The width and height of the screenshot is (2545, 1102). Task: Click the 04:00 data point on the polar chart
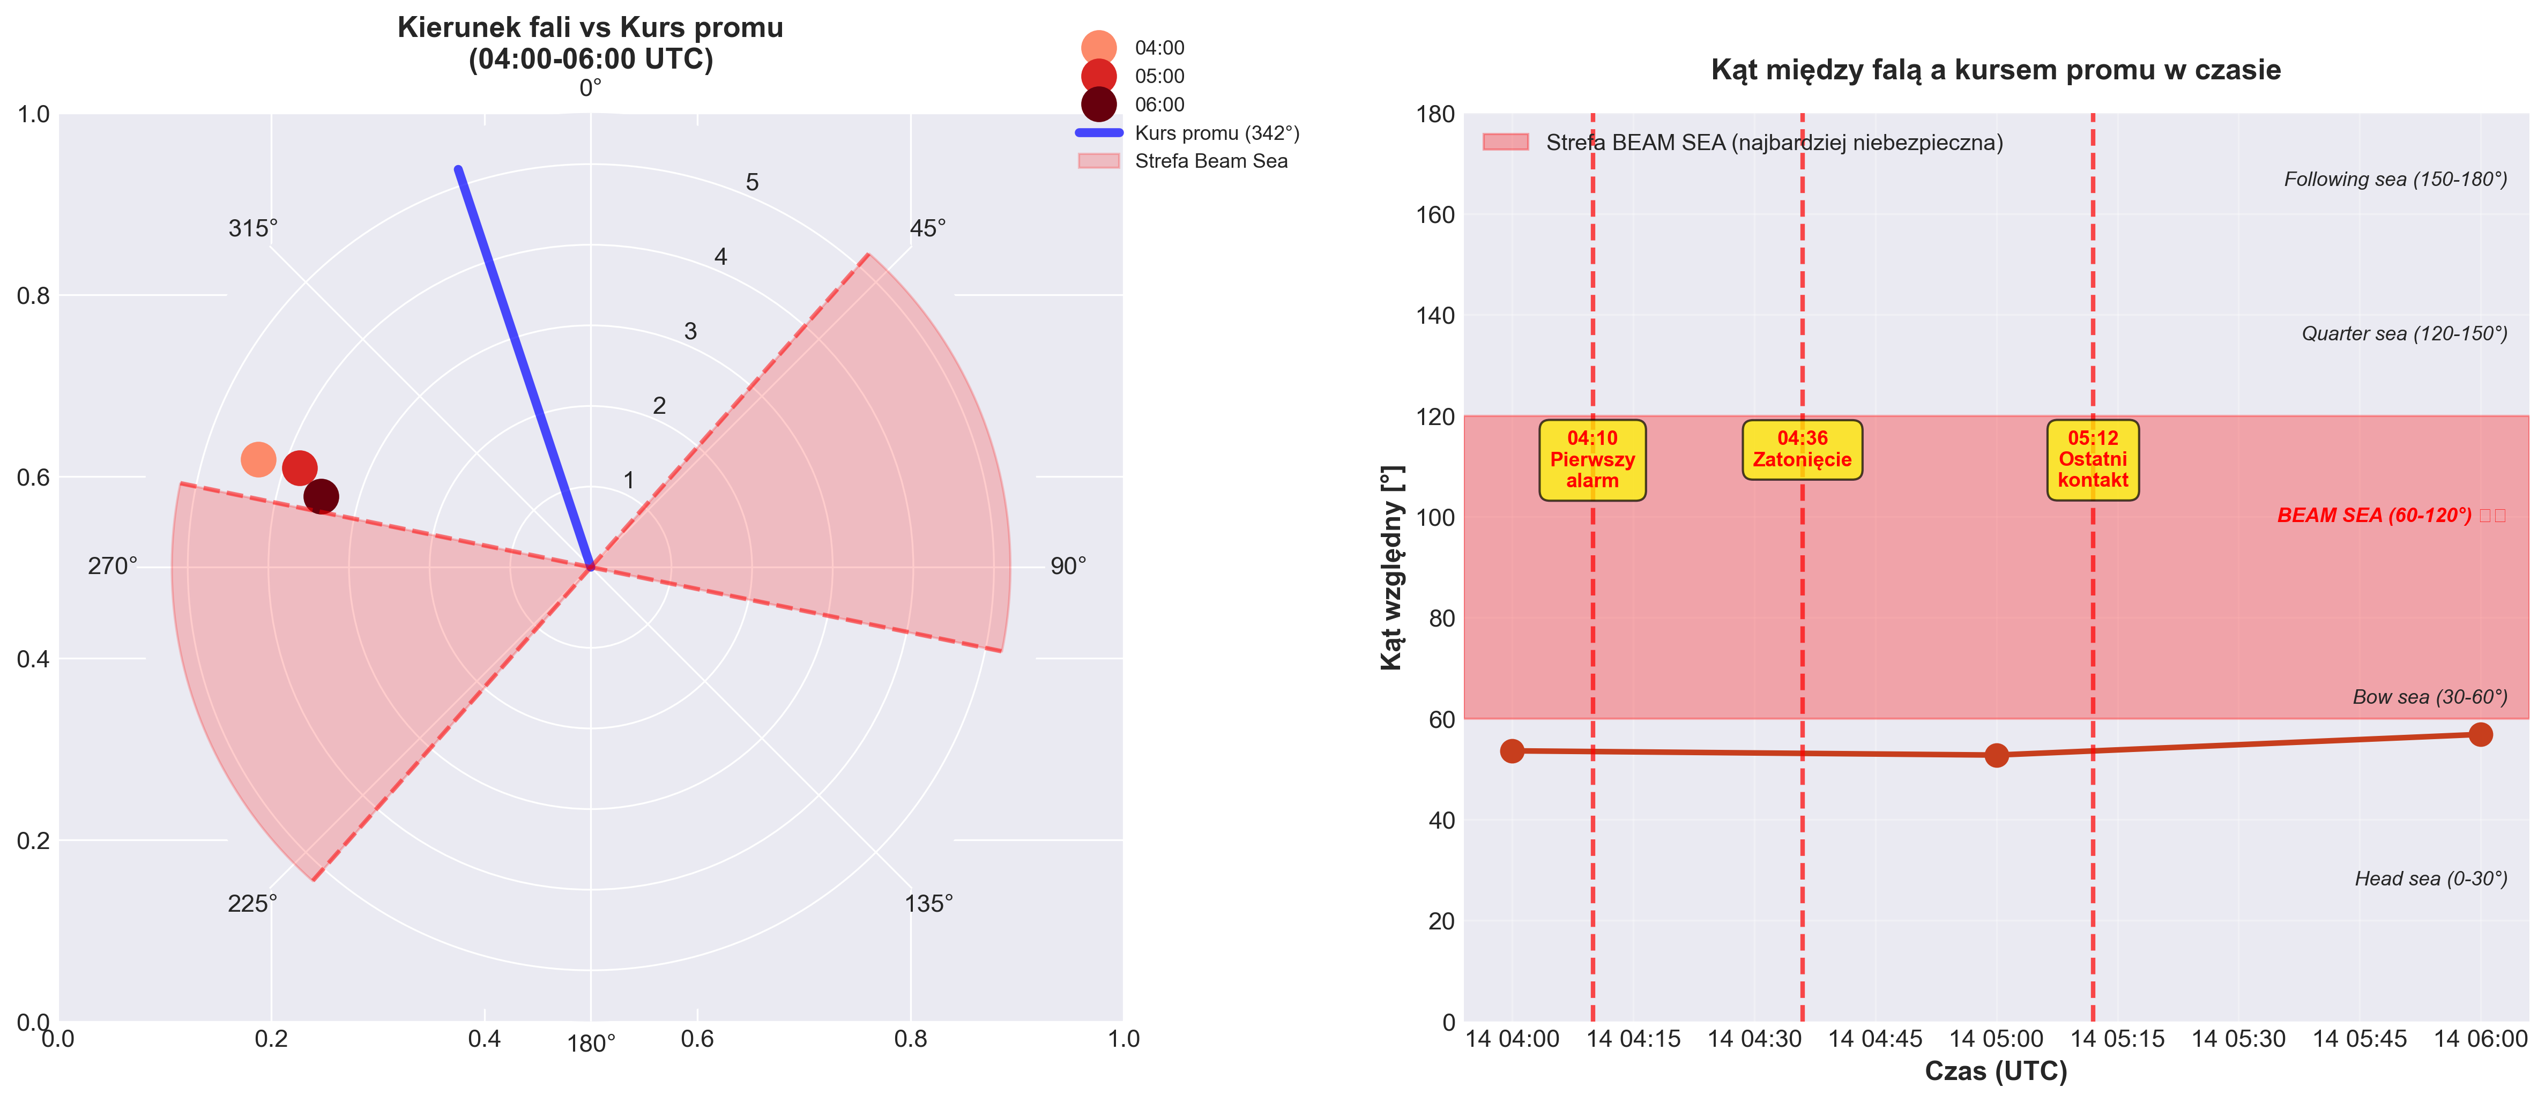pos(258,459)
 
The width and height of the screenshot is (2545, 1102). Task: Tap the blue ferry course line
pos(524,366)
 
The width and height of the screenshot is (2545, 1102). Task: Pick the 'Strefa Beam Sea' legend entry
pos(1210,161)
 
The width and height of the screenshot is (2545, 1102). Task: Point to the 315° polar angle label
pos(253,228)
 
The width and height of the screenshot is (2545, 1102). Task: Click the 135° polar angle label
pos(929,903)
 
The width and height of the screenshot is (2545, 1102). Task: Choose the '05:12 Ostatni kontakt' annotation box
pos(2093,459)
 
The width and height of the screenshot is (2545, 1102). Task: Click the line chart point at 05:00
pos(1996,755)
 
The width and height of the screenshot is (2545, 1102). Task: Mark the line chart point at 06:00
pos(2480,734)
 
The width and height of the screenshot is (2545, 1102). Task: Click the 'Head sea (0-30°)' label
pos(2430,878)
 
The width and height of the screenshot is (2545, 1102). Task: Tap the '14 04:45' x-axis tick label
pos(1874,1039)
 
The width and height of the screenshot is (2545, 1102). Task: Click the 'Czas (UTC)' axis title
pos(1996,1071)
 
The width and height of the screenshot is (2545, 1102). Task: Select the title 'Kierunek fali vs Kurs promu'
pos(590,28)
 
